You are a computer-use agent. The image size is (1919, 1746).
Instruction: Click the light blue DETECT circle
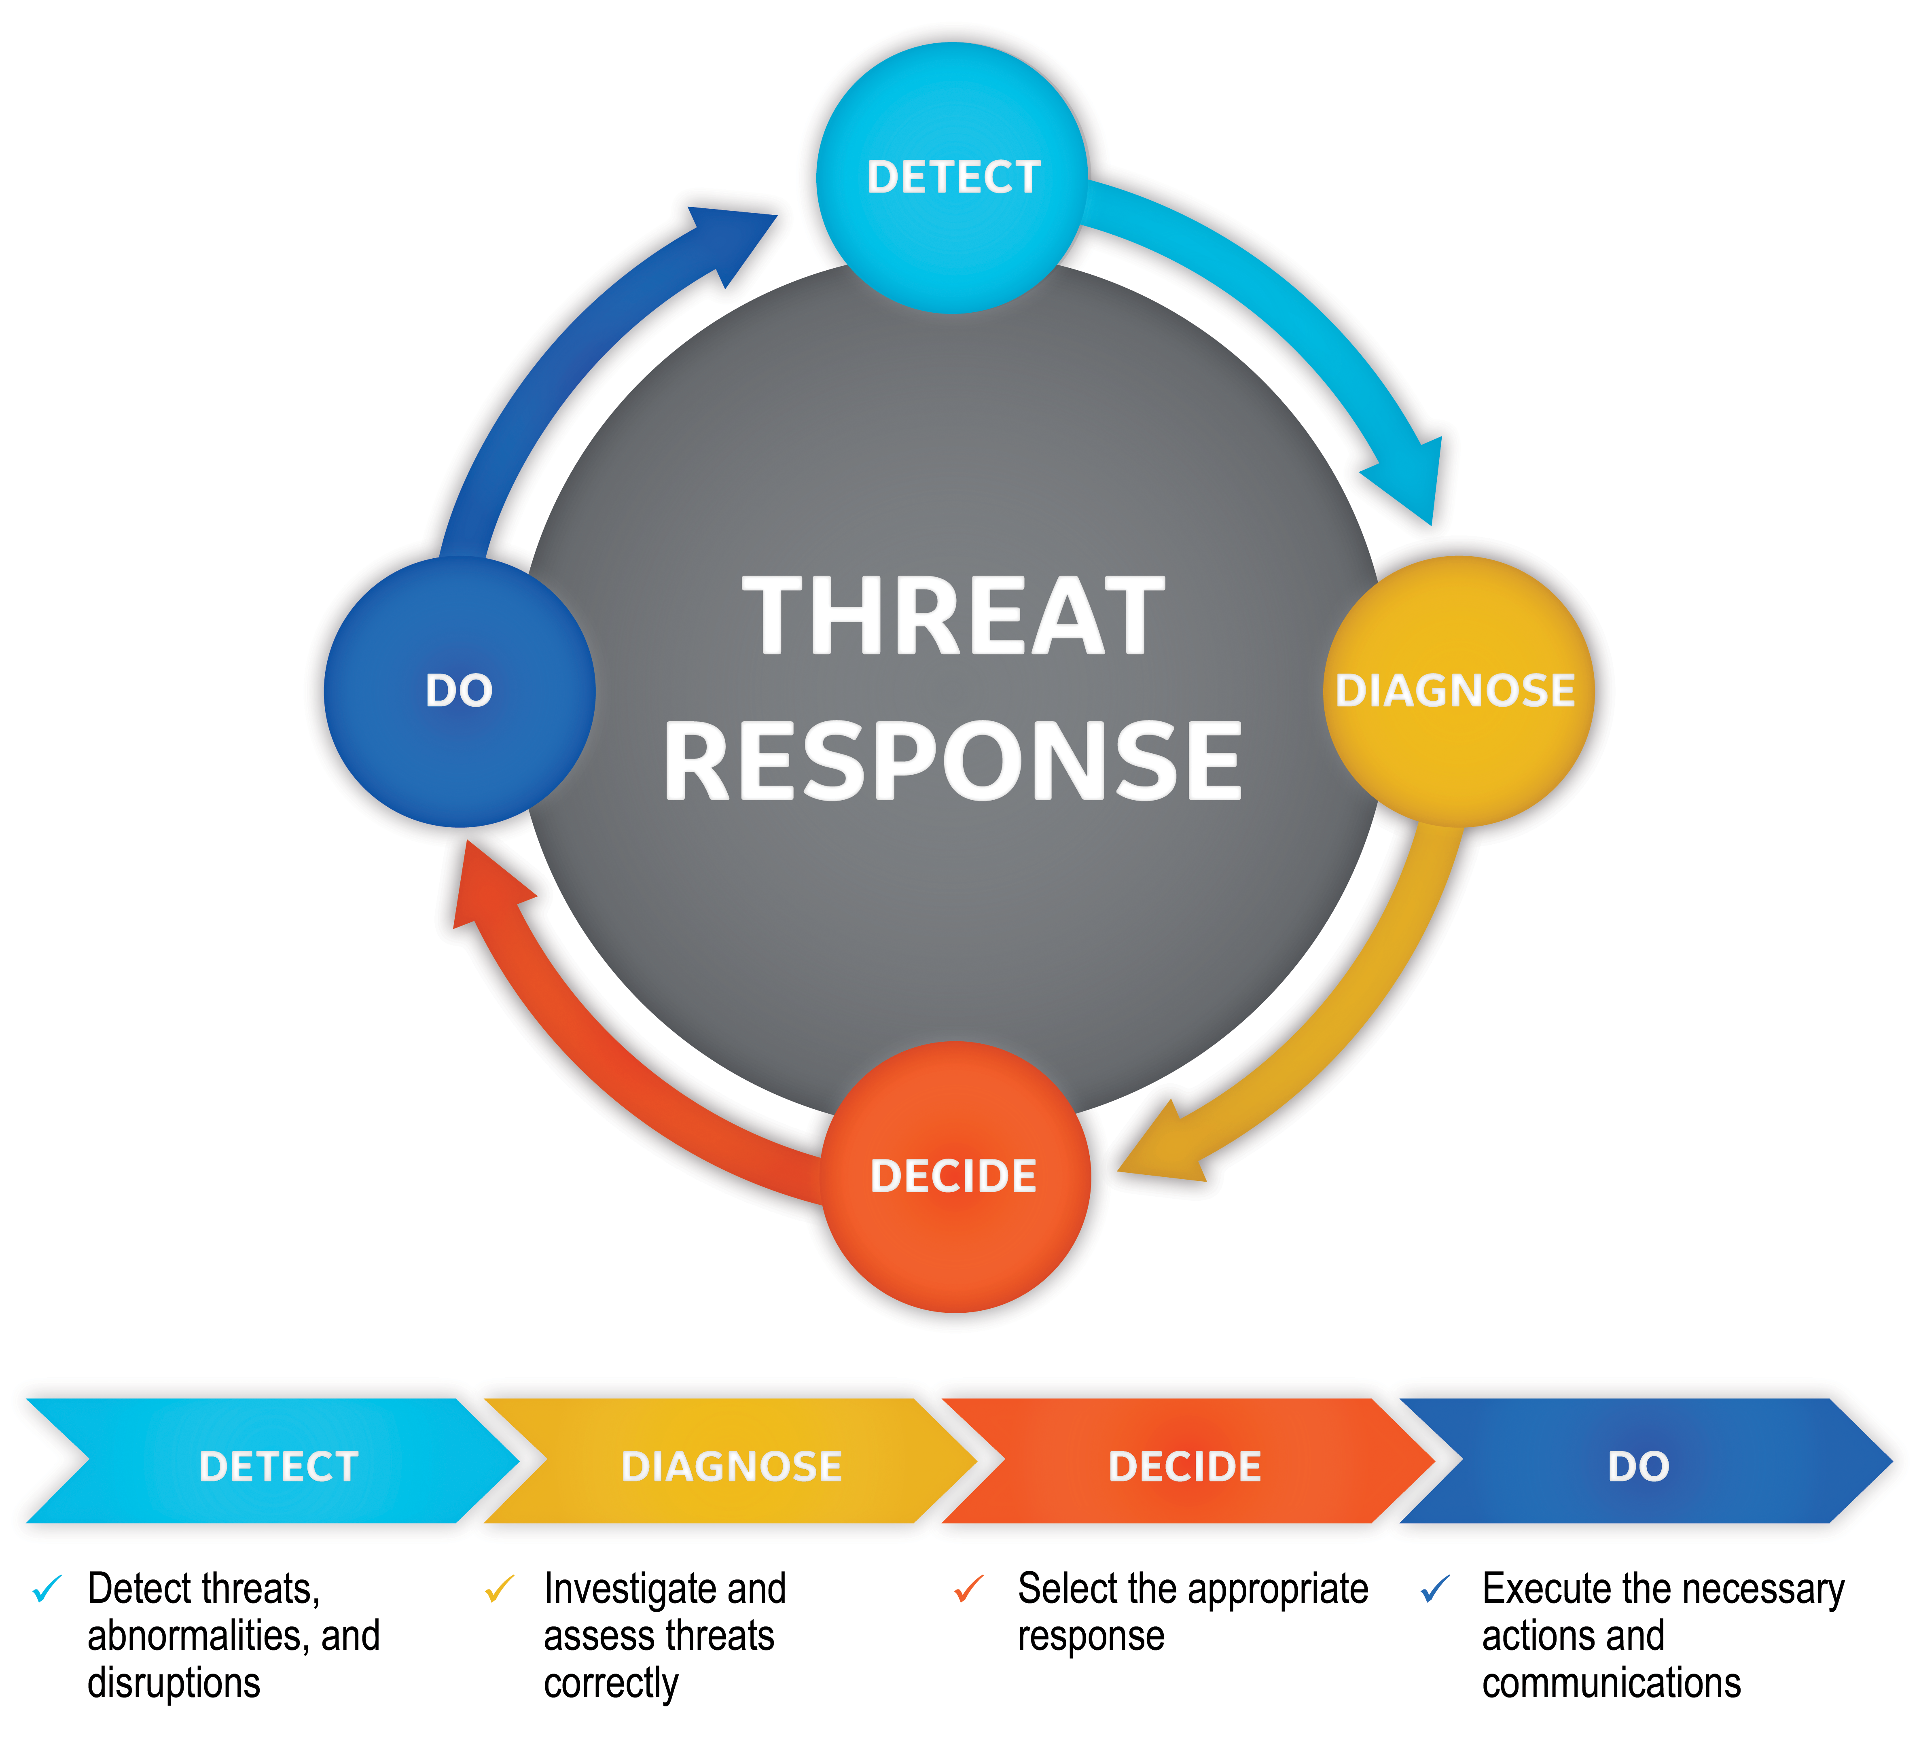(x=952, y=178)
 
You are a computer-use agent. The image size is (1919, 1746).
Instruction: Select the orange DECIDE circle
(x=955, y=1177)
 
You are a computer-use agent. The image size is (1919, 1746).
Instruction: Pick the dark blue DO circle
(x=460, y=691)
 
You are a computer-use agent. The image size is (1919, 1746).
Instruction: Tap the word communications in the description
(x=1611, y=1683)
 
